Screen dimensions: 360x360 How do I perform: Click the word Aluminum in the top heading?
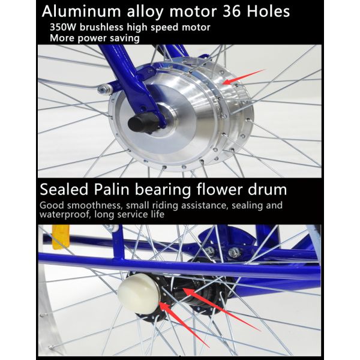tap(81, 11)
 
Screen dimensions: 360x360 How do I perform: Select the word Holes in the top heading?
tap(268, 11)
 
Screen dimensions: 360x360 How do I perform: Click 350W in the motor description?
tap(63, 28)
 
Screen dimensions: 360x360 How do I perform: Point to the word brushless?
tap(101, 27)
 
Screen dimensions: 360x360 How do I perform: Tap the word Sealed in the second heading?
tap(64, 190)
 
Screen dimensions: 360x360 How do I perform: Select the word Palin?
tap(112, 190)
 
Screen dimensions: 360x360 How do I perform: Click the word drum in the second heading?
tap(267, 190)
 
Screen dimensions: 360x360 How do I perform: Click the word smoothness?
tap(94, 205)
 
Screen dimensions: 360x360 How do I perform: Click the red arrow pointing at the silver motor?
tap(244, 77)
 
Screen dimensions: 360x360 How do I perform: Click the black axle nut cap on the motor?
tap(139, 122)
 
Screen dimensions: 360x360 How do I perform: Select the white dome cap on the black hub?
tap(139, 293)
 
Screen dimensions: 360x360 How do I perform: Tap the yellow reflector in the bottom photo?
tap(61, 237)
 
